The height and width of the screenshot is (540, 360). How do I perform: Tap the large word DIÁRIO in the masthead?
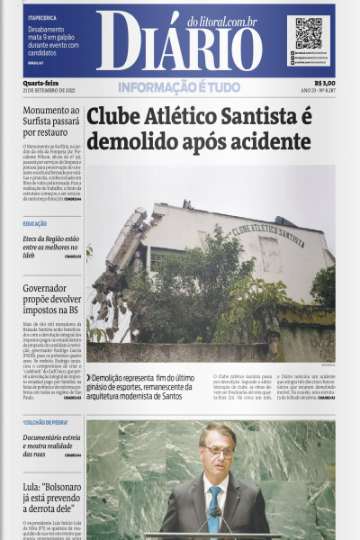(x=187, y=47)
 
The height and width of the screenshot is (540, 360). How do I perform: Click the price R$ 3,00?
(x=321, y=82)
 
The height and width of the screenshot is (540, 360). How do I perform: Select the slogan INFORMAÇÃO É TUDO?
(x=179, y=86)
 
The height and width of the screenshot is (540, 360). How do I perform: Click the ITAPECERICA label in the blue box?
(x=44, y=17)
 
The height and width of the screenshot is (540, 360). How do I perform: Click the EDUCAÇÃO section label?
(x=35, y=223)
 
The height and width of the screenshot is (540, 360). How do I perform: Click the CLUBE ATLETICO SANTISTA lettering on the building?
(x=268, y=236)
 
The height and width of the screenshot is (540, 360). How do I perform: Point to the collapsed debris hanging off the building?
(x=117, y=270)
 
